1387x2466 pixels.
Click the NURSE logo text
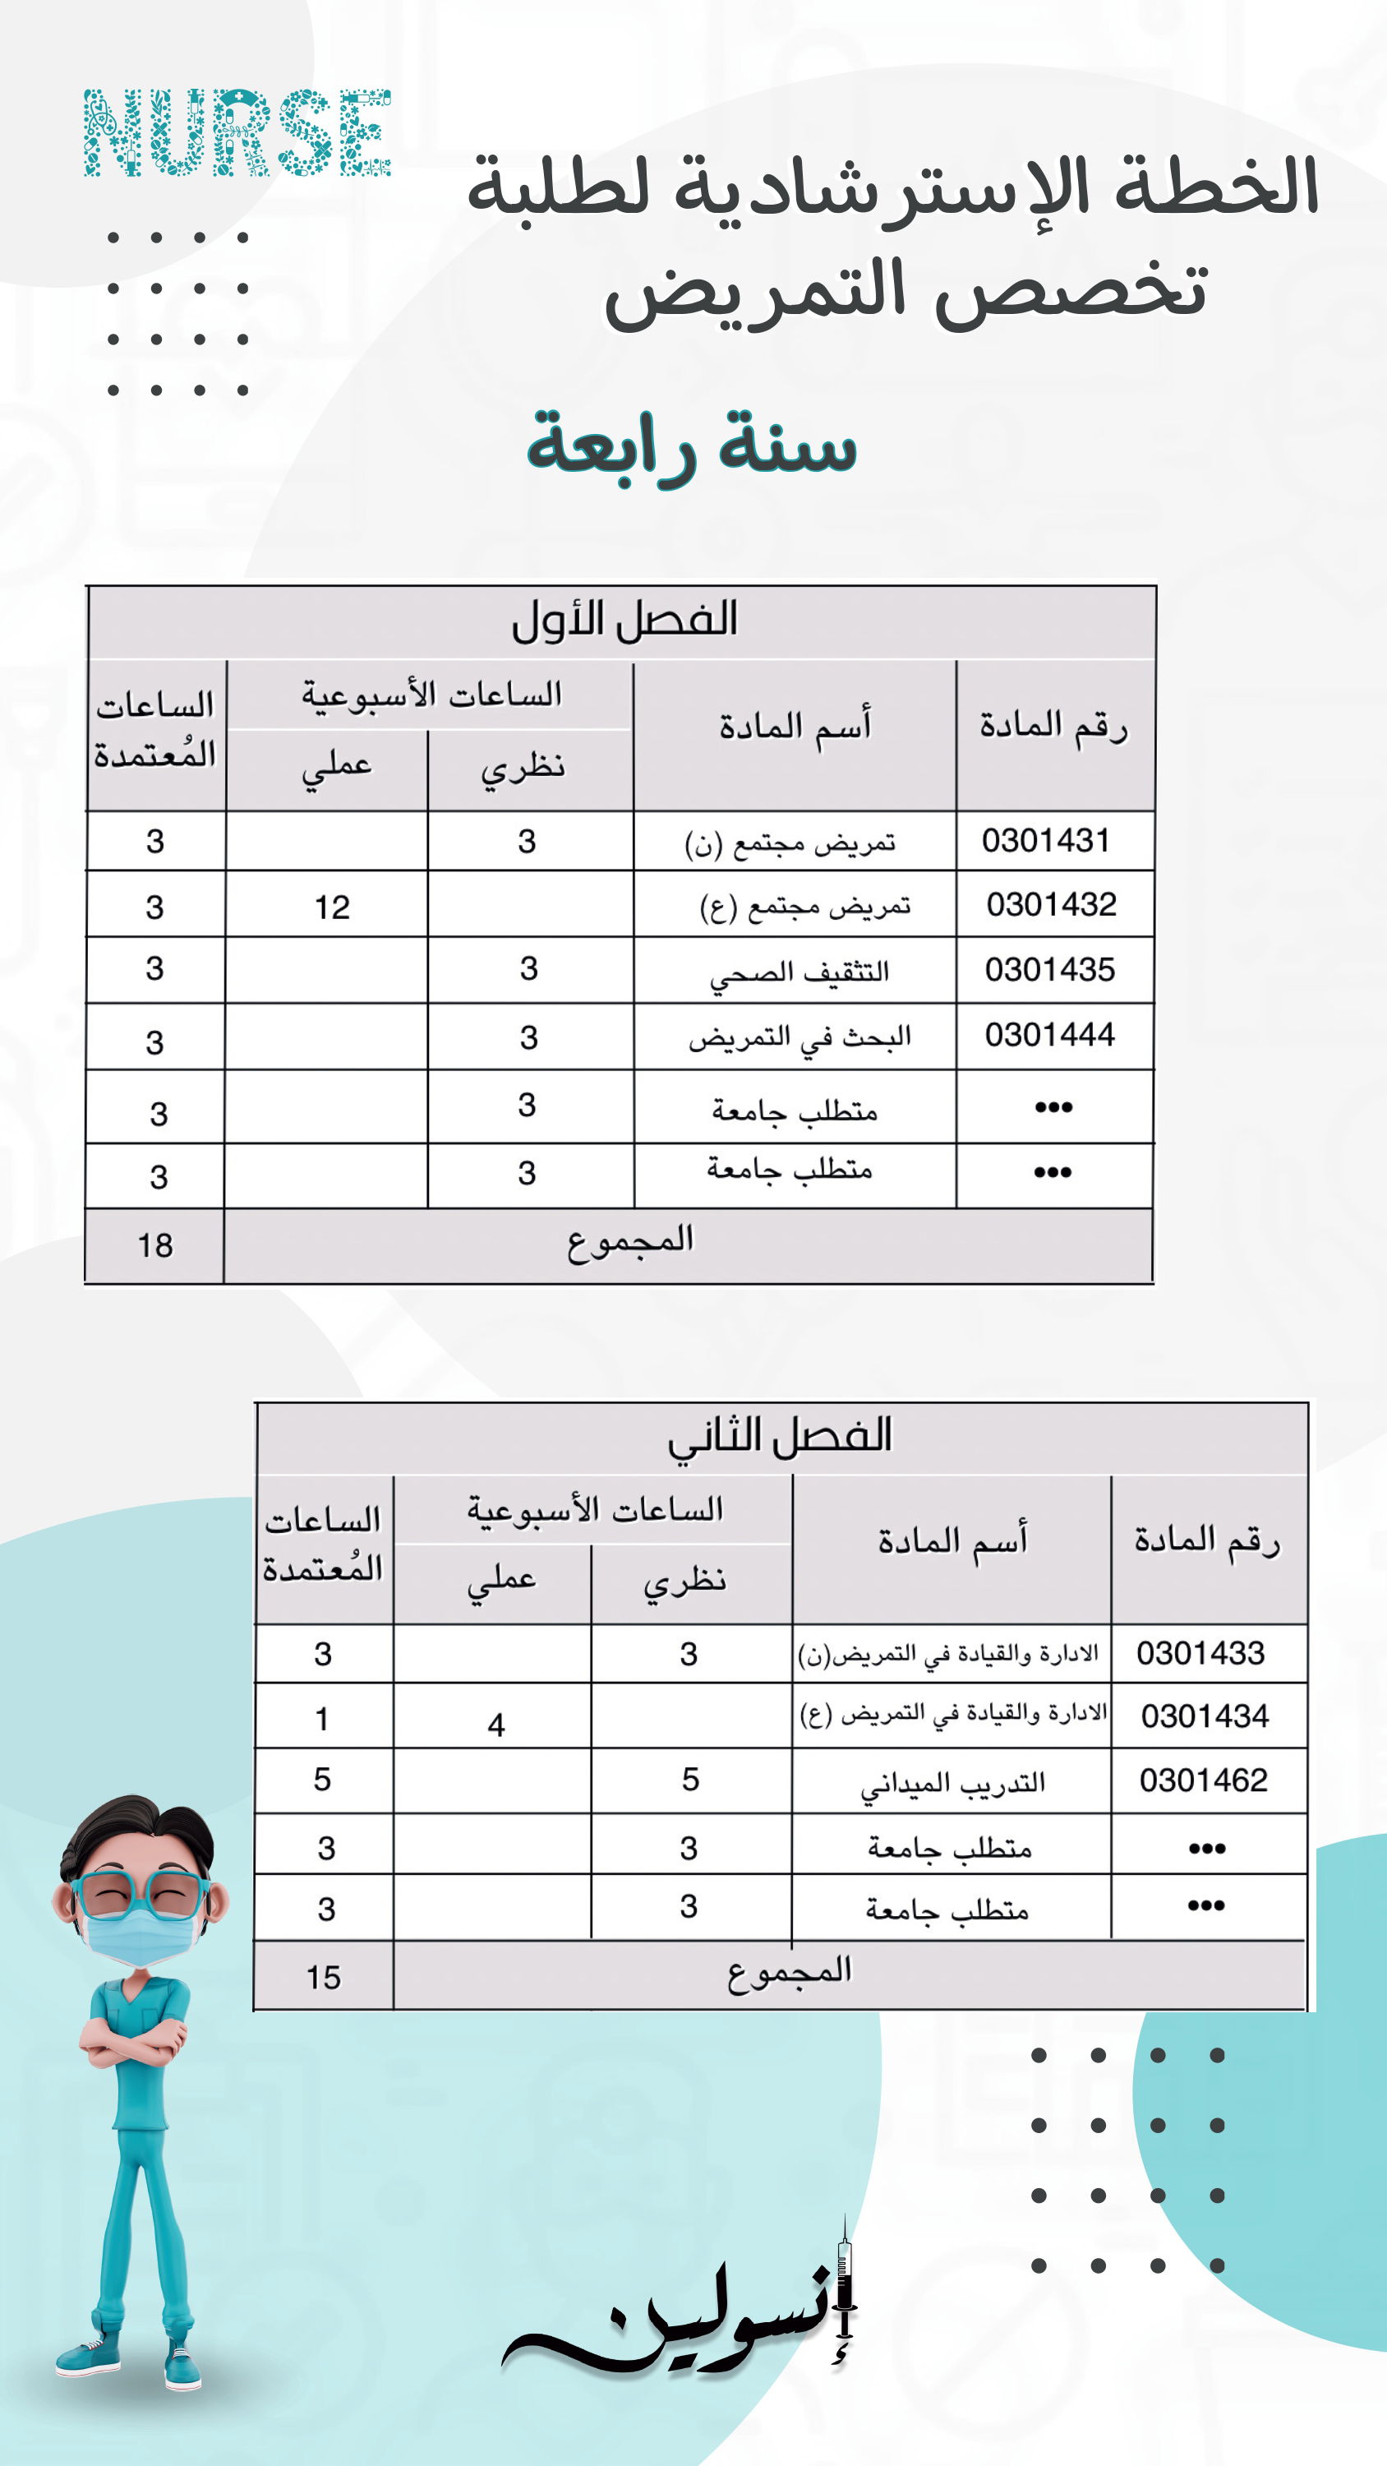click(x=237, y=133)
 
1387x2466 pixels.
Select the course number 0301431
click(x=1045, y=841)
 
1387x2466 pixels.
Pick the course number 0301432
click(x=1051, y=905)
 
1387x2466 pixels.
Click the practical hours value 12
click(x=332, y=907)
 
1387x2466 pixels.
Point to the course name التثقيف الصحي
click(x=799, y=972)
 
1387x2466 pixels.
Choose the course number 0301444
click(x=1049, y=1035)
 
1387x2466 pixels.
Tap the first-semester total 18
click(x=155, y=1245)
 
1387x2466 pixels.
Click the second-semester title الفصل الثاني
click(x=780, y=1436)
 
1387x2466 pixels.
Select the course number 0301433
click(x=1200, y=1653)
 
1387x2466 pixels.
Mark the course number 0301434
click(x=1204, y=1716)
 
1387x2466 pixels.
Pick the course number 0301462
click(x=1203, y=1780)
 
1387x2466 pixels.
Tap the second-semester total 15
click(x=324, y=1978)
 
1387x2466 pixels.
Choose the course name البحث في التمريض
click(x=799, y=1037)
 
